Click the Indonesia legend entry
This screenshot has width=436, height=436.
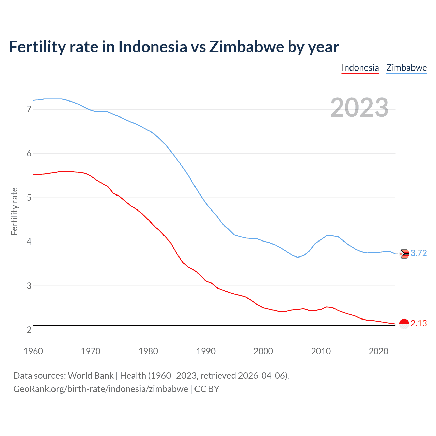pos(360,68)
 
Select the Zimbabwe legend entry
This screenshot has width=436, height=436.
pos(406,68)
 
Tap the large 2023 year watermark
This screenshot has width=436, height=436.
pos(359,108)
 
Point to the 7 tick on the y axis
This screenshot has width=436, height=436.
pos(29,109)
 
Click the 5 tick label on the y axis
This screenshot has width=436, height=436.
pos(29,198)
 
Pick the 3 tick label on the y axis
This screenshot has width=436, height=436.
pos(29,286)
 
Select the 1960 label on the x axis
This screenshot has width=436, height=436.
pos(33,351)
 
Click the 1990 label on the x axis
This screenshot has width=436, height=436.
pos(206,351)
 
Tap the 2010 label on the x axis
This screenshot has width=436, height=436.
pos(321,351)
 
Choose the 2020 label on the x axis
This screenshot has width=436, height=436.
pos(378,351)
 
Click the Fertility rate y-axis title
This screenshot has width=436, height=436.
pos(14,211)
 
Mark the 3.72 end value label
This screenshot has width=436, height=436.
pos(419,253)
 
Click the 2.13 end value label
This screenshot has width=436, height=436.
pos(419,323)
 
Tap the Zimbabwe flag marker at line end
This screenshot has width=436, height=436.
pos(404,254)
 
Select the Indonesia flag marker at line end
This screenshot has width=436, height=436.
pos(404,324)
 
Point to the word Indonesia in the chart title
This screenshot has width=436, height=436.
pos(153,47)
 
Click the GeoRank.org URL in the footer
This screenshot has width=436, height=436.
pos(100,389)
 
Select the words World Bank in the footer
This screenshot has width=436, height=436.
pos(91,376)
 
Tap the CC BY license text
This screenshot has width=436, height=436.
pos(207,389)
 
